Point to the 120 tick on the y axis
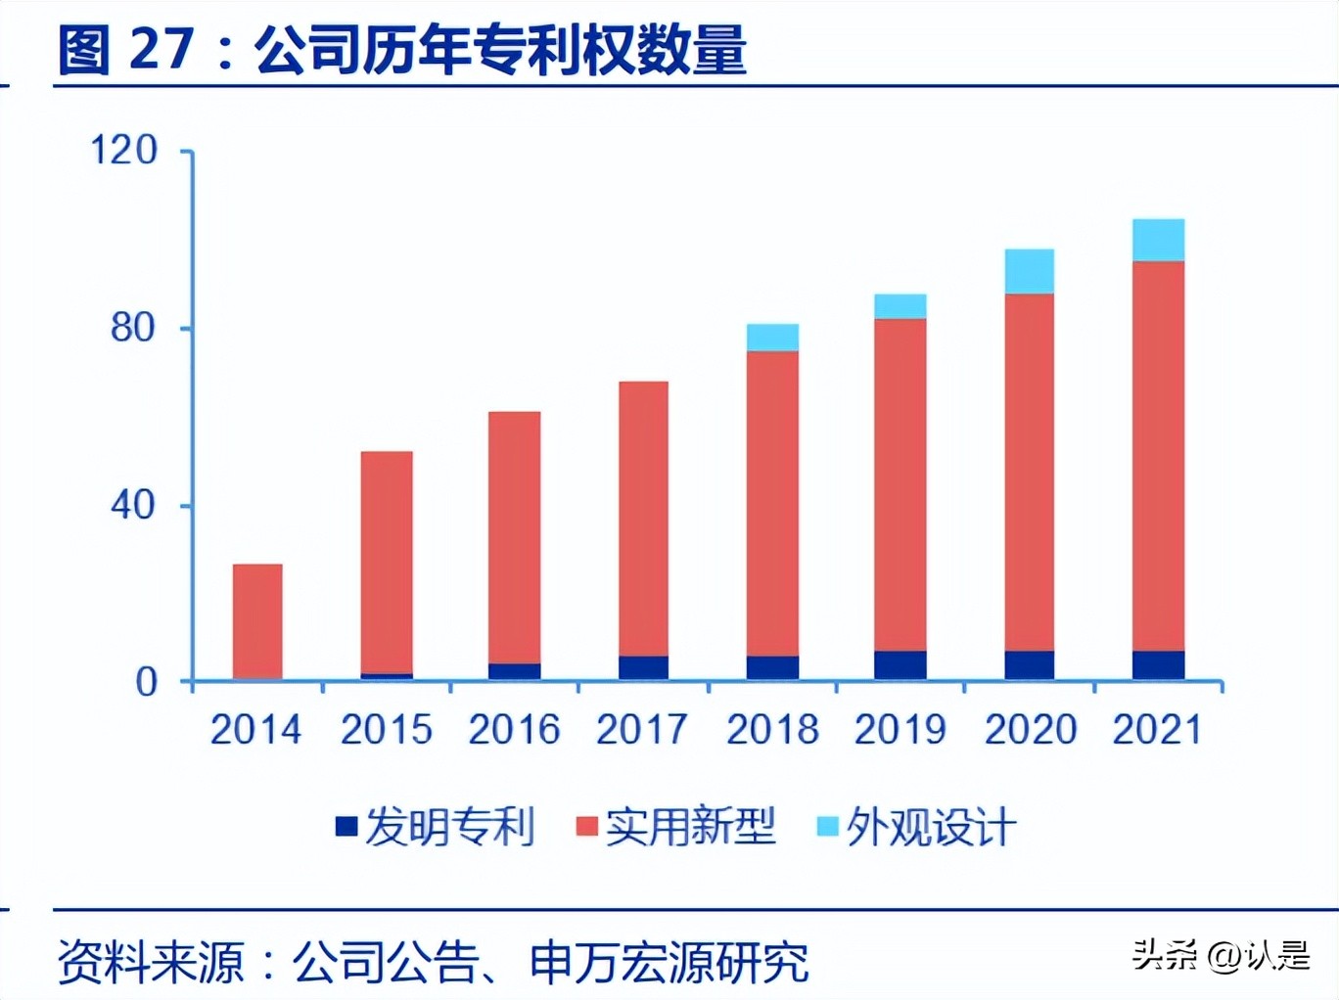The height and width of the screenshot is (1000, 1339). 123,151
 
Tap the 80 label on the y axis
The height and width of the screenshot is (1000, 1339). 133,328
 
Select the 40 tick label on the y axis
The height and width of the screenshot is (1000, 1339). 133,505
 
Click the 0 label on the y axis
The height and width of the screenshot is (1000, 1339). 146,682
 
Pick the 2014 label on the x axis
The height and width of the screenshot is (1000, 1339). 255,730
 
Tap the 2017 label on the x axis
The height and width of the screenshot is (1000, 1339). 642,730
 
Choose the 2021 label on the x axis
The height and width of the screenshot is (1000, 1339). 1157,730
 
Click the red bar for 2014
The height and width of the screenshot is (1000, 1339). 257,621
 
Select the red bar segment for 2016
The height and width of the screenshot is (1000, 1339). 514,537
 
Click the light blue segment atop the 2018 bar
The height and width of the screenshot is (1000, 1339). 772,338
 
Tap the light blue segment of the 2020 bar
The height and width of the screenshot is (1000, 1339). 1030,271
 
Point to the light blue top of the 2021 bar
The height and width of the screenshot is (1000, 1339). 1158,240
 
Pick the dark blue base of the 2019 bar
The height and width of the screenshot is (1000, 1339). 900,665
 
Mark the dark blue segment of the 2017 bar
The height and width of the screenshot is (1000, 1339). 643,667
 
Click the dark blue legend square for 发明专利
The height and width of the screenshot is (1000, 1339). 346,827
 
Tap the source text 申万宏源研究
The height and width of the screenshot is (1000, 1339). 669,963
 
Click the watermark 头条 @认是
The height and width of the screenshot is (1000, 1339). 1221,954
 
